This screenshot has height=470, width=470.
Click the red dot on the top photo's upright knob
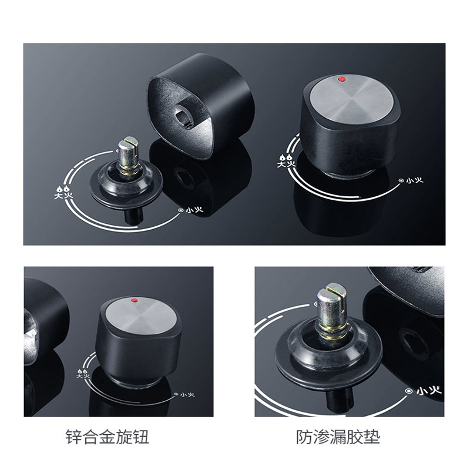tap(341, 79)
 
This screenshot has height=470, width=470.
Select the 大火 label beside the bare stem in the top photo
tap(63, 193)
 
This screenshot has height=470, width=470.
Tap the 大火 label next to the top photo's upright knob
tap(286, 160)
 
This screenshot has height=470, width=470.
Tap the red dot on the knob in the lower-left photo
tap(135, 300)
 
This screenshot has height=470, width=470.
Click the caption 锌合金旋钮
tap(107, 437)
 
